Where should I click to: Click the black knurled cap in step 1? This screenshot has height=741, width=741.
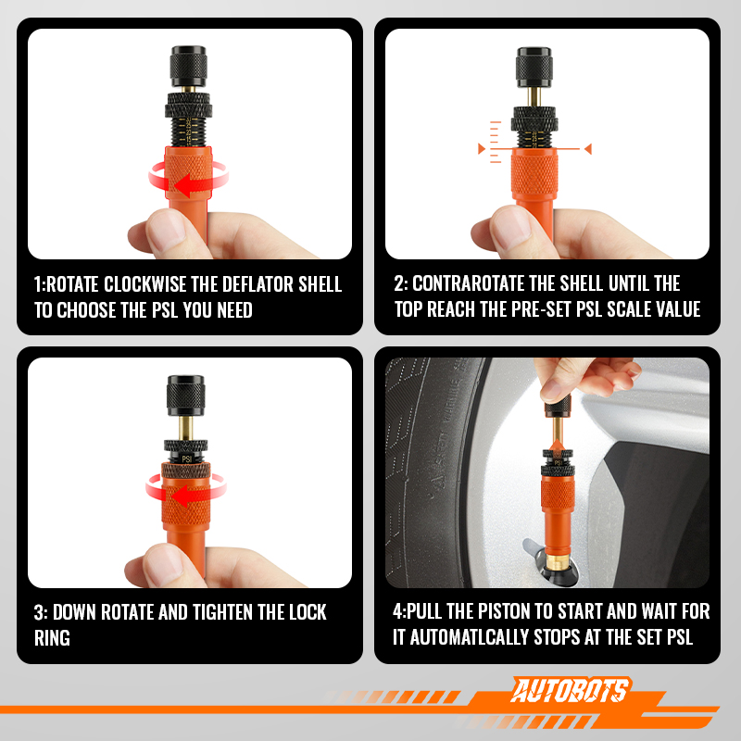189,66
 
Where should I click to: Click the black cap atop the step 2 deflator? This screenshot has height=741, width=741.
534,67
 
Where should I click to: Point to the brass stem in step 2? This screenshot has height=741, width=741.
534,97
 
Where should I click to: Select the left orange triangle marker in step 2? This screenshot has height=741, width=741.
482,149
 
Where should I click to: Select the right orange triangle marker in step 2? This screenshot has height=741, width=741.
588,149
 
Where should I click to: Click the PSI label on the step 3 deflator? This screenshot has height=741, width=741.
187,458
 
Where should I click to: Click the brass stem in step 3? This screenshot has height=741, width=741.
185,428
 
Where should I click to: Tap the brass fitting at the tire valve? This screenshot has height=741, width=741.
559,561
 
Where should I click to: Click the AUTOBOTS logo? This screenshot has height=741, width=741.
570,690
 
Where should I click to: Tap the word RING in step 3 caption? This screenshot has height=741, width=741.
52,638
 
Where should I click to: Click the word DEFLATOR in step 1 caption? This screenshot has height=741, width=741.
257,284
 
